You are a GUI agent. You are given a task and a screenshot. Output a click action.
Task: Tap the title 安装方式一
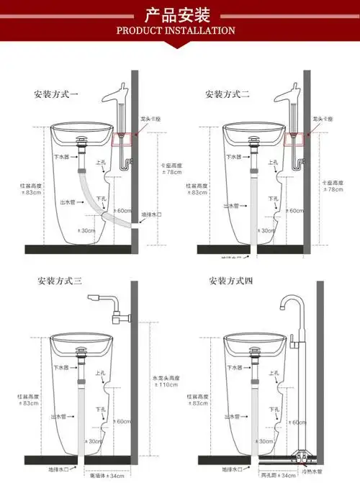tap(56, 94)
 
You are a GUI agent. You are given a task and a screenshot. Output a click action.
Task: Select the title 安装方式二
tap(228, 94)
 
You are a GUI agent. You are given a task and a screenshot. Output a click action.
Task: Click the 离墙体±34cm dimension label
tap(107, 476)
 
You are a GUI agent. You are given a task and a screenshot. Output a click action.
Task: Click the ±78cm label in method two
tap(332, 190)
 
